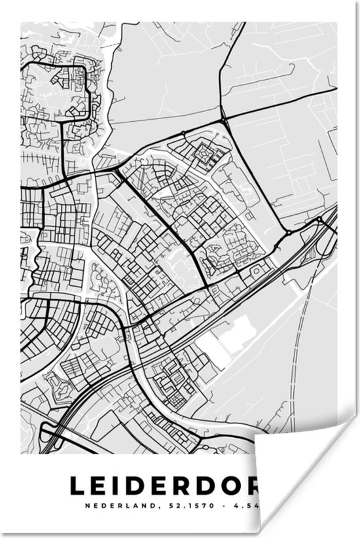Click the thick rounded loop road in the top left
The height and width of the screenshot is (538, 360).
[x=59, y=92]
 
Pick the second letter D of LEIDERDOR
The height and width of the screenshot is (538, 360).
[x=196, y=486]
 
